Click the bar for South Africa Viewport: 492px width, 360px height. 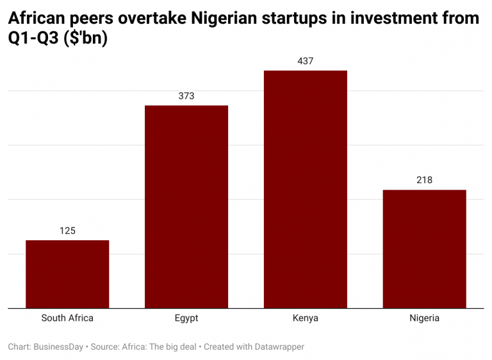click(x=67, y=274)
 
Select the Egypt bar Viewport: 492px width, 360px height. click(x=186, y=206)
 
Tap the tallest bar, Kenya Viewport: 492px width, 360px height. click(x=306, y=189)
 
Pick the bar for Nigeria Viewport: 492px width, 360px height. click(x=424, y=249)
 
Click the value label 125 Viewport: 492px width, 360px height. click(x=67, y=231)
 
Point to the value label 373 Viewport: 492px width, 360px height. click(x=186, y=96)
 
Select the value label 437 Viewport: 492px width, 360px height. click(x=306, y=61)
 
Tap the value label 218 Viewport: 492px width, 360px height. click(x=424, y=180)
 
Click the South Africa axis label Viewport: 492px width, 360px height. click(x=67, y=318)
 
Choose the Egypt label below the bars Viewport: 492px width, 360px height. click(x=186, y=318)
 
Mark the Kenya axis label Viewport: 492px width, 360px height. click(x=306, y=318)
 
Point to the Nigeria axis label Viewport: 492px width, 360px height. click(x=424, y=318)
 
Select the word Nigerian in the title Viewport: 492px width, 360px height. click(x=226, y=19)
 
